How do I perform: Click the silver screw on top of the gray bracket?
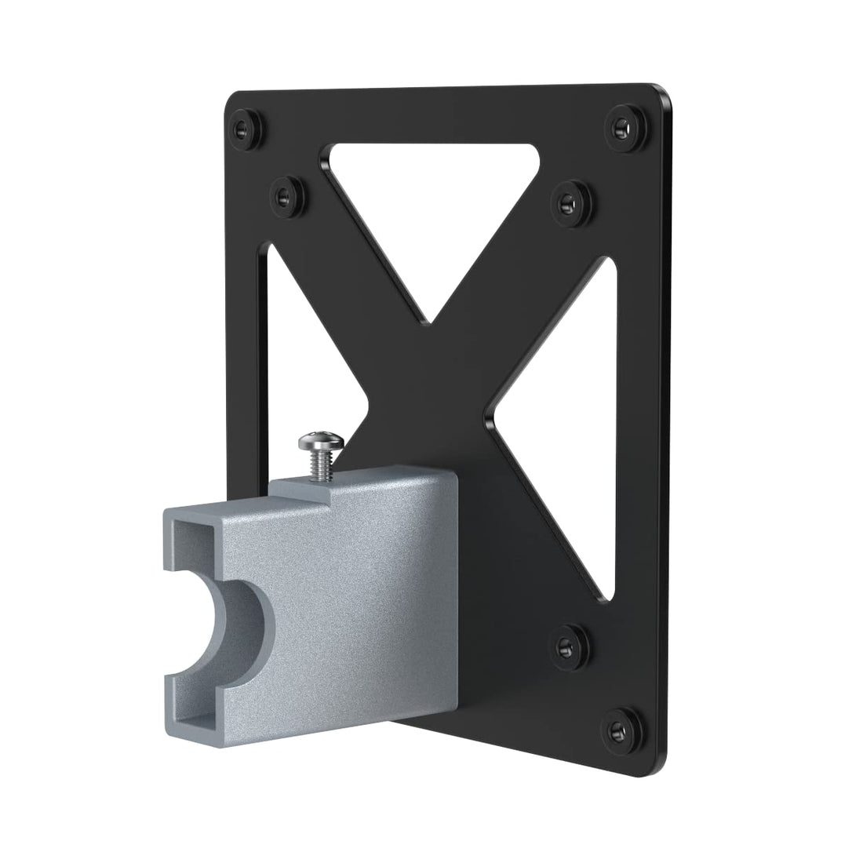[320, 441]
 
